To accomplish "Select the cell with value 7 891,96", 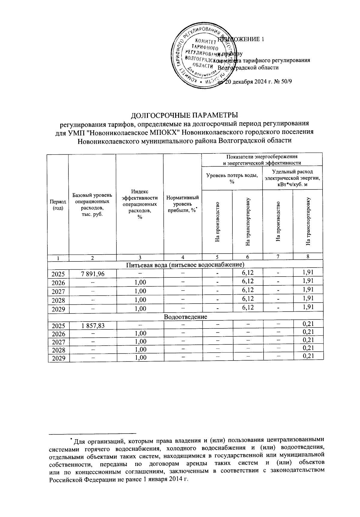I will pos(93,274).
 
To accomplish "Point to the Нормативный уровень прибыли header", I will pos(182,204).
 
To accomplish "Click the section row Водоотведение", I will pos(185,317).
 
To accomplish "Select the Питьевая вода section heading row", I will pos(185,265).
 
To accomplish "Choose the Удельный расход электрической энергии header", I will pos(292,177).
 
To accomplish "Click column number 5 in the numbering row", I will pos(217,257).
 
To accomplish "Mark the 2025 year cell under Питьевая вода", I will pos(58,274).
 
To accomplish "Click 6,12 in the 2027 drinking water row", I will pos(247,290).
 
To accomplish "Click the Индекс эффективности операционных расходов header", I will pos(139,204).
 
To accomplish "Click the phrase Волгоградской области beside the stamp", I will pos(248,68).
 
